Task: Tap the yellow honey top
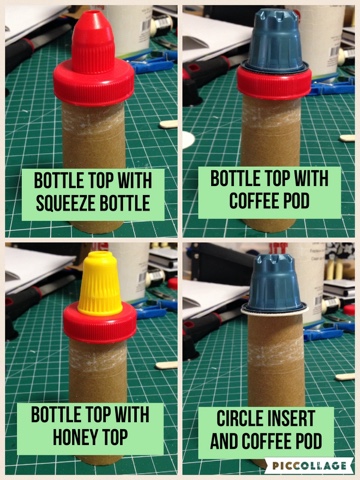pos(100,283)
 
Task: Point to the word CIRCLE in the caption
pos(237,418)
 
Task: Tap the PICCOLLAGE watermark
pos(309,465)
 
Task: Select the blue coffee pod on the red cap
pos(275,41)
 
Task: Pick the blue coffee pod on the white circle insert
pos(275,283)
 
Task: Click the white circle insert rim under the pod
pos(275,311)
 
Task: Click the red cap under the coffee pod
pos(274,83)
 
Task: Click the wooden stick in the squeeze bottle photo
pos(168,125)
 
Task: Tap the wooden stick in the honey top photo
pos(166,365)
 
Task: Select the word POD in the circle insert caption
pos(308,441)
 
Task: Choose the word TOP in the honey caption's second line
pos(115,437)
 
